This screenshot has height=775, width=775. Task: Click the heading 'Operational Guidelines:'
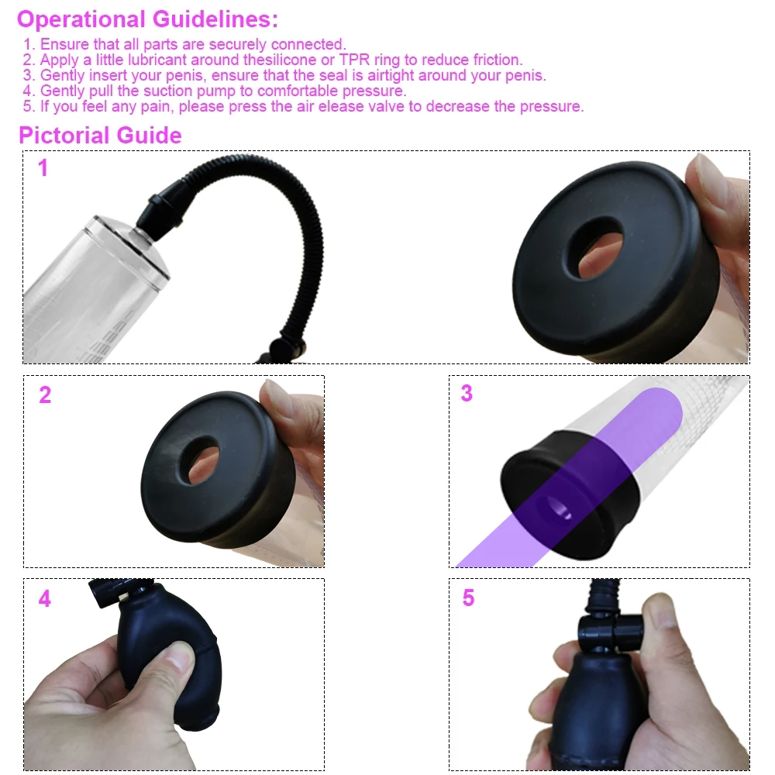click(147, 19)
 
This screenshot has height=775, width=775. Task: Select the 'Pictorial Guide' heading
click(100, 136)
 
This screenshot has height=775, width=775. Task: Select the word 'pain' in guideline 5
click(167, 106)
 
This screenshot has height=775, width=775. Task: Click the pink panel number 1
click(43, 168)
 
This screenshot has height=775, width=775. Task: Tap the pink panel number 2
click(45, 394)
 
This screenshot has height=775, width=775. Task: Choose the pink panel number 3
click(467, 393)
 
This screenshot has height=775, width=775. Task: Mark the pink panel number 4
click(45, 599)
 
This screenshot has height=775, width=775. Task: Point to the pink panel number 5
click(468, 598)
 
